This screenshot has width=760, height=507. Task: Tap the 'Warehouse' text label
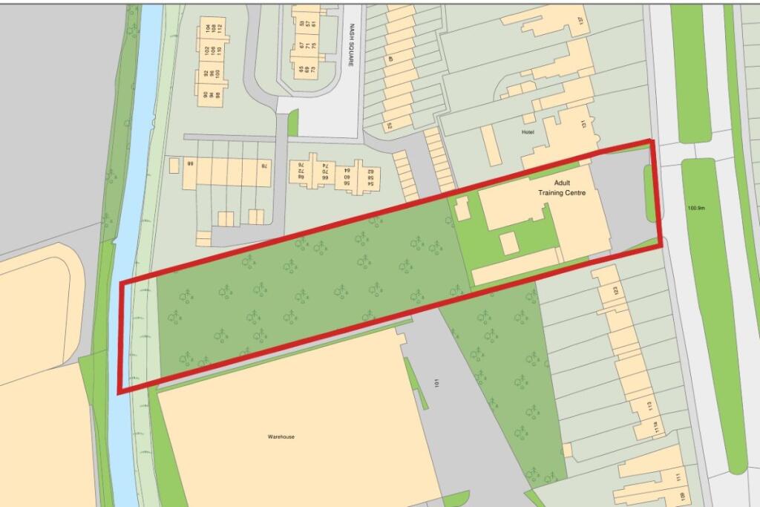coord(281,436)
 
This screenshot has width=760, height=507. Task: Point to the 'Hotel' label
coord(528,132)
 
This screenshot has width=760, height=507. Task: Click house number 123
coord(615,292)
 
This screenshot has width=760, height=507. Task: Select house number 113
coord(649,406)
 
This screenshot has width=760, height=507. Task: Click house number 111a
coord(656,428)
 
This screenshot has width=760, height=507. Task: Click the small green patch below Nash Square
coord(292,122)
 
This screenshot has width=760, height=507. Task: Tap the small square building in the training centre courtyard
coord(508,243)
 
